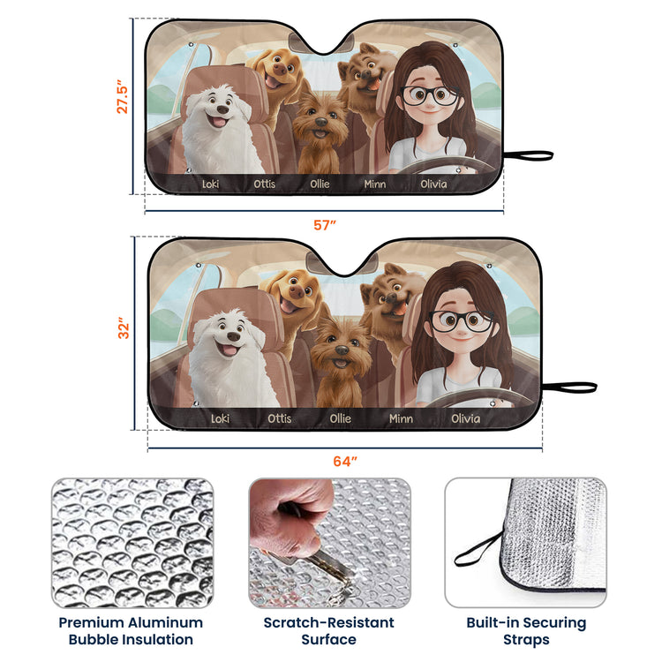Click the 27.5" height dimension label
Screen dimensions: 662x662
[x=123, y=96]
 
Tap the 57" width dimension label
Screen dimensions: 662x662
[x=325, y=225]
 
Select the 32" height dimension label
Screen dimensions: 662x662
[x=124, y=328]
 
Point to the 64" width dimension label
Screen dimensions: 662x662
[x=345, y=461]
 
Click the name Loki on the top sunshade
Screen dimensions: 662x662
[x=210, y=184]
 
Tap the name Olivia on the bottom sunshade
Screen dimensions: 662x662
[x=465, y=418]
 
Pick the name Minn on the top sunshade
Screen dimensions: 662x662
[x=375, y=184]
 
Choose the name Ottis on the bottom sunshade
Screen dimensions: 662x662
[x=279, y=418]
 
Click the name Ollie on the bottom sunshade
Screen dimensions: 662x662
[x=340, y=418]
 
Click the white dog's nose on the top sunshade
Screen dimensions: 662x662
[x=222, y=109]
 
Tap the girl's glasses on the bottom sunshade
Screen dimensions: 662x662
[x=461, y=321]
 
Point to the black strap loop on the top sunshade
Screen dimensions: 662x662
[x=528, y=155]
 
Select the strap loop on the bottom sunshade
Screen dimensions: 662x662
[x=569, y=387]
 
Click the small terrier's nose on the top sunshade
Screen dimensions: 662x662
[x=321, y=122]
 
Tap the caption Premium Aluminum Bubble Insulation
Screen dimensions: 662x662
[x=131, y=631]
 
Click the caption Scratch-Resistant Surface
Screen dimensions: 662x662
[x=329, y=631]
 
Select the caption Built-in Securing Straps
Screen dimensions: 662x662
[x=526, y=631]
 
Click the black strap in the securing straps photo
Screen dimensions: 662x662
[x=478, y=549]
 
